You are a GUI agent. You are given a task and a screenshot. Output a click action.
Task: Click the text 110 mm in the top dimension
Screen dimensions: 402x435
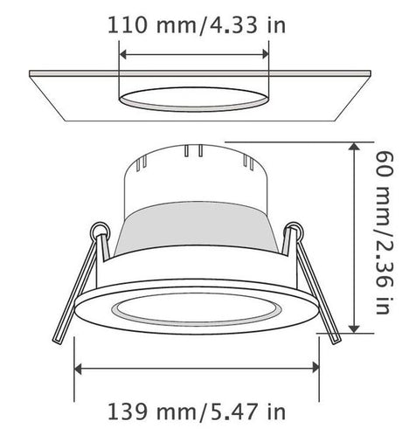[152, 25]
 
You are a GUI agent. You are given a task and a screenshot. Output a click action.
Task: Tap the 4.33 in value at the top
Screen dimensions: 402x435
[244, 25]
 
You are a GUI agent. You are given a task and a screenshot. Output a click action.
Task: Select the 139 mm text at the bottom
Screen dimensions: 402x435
[152, 411]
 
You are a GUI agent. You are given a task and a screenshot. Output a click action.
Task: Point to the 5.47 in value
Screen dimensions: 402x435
[244, 411]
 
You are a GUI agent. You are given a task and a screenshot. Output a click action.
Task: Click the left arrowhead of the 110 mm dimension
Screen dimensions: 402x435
[123, 54]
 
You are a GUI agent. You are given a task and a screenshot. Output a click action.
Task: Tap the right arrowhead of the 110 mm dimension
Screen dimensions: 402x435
[265, 54]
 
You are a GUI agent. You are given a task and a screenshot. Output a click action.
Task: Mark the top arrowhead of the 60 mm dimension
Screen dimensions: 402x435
[354, 146]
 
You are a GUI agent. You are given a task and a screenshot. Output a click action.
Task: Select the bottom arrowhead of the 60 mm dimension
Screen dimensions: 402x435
[354, 328]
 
